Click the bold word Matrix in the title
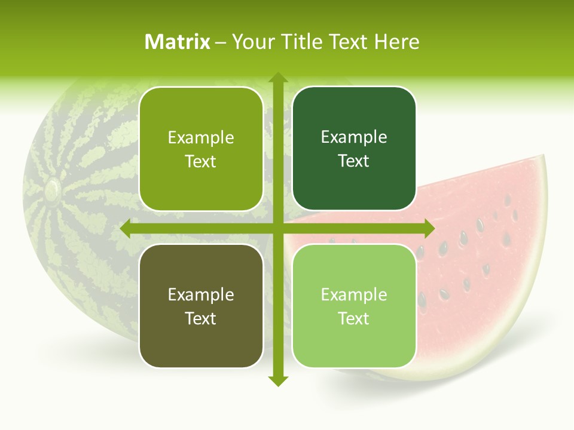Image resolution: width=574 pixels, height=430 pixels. [178, 42]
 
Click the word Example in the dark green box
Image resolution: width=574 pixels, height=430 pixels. [354, 137]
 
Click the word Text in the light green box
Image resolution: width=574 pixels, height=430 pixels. [354, 318]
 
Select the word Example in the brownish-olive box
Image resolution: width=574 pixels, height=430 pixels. [201, 294]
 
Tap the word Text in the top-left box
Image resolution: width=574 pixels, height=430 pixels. [201, 161]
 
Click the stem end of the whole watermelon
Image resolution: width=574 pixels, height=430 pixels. [52, 189]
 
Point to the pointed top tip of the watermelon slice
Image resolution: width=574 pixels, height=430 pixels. [543, 157]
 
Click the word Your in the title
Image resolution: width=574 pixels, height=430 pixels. [254, 42]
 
